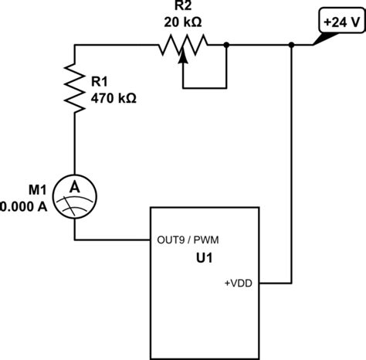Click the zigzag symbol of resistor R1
click(x=74, y=86)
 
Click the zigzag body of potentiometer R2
click(x=182, y=46)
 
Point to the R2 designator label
click(x=182, y=7)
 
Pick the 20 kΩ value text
click(x=182, y=22)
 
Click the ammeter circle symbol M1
click(x=74, y=194)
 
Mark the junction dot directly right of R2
click(x=225, y=46)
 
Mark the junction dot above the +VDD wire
click(x=291, y=46)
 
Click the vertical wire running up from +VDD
click(x=291, y=170)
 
